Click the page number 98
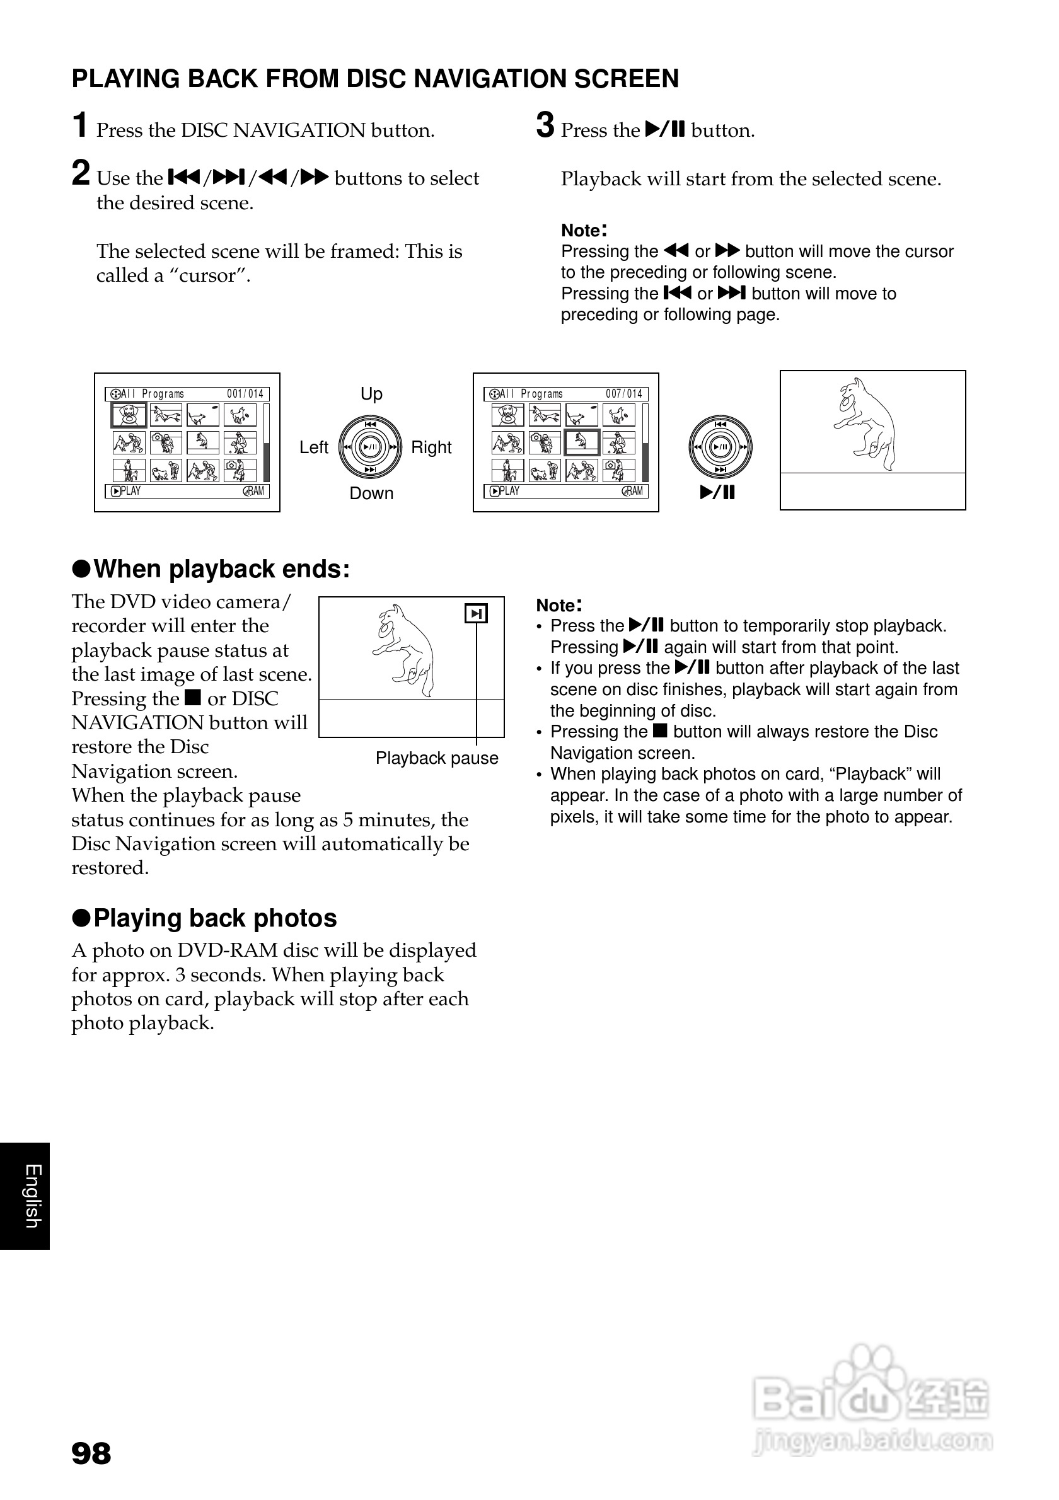coord(91,1453)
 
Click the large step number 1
coord(80,125)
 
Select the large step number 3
coord(545,125)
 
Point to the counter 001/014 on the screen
coord(245,394)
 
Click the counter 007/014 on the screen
coord(624,394)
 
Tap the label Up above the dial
coord(371,394)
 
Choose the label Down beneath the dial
coord(371,493)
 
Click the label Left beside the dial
coord(313,447)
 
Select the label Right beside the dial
coord(431,447)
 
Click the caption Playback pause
coord(436,758)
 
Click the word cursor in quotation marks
coord(211,275)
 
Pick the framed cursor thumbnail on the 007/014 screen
coord(581,442)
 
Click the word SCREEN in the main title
coord(627,78)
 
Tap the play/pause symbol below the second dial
coord(717,493)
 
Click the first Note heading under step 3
coord(584,230)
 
